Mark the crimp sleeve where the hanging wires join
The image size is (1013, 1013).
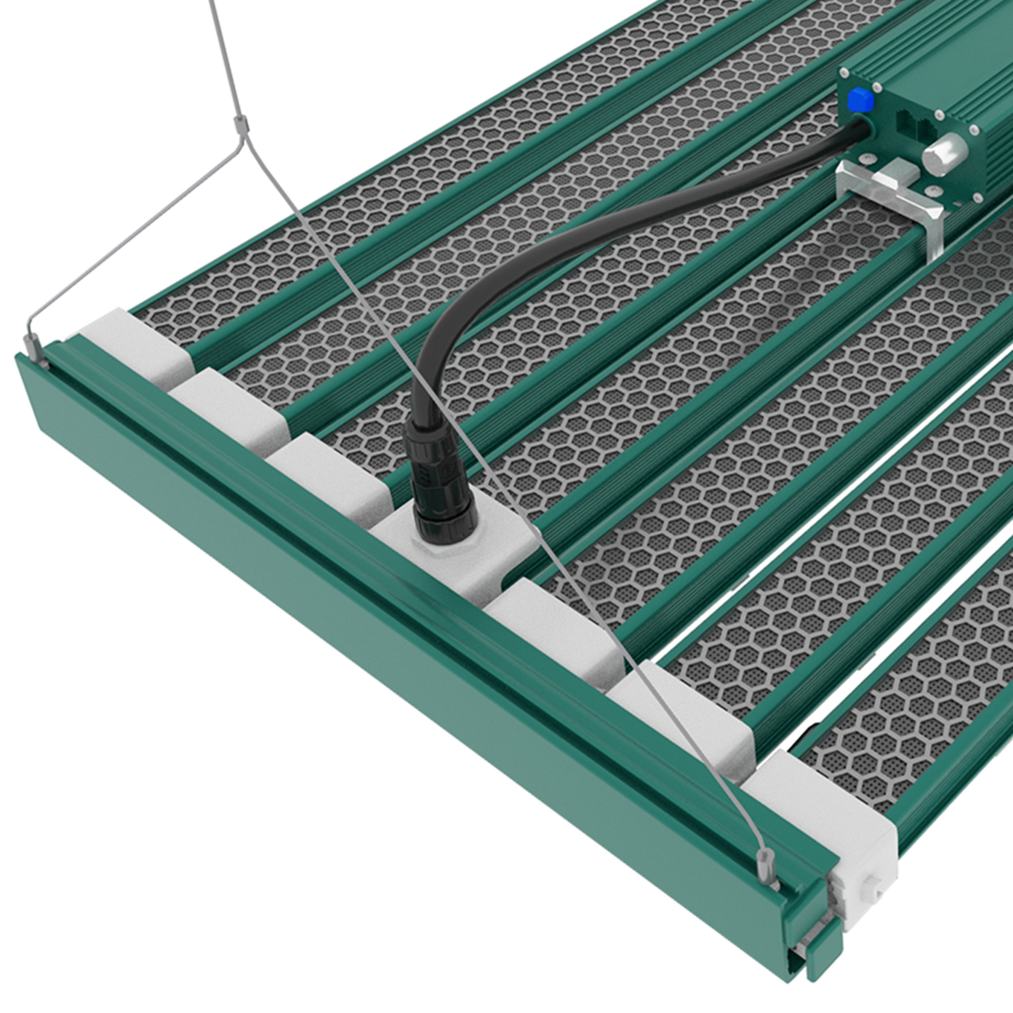241,125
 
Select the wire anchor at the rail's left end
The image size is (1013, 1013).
34,348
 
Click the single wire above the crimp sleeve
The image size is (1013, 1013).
223,58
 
